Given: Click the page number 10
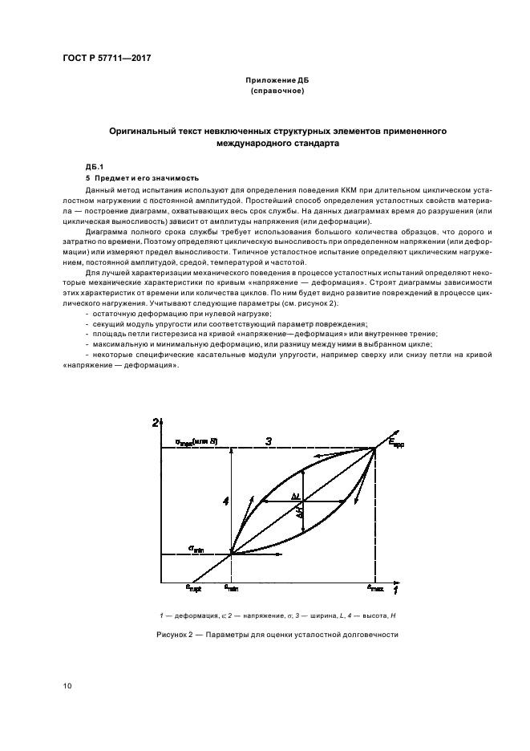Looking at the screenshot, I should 67,685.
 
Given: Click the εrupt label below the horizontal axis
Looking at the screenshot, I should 193,589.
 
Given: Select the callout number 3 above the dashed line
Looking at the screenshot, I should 269,440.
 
